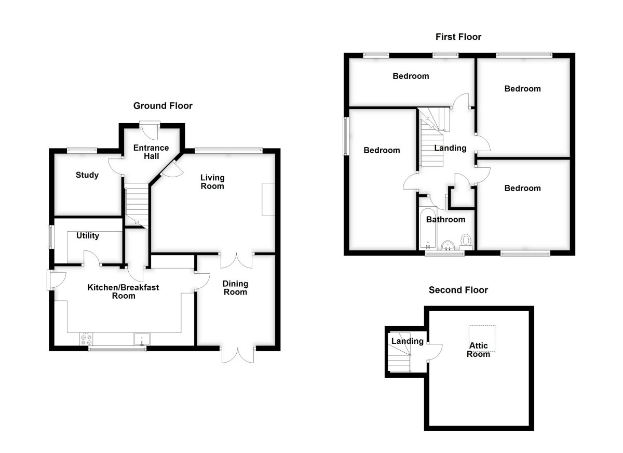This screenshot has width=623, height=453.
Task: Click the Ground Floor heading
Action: [x=162, y=106]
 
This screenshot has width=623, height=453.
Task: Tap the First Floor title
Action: [x=458, y=37]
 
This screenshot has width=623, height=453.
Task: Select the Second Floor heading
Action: [x=458, y=290]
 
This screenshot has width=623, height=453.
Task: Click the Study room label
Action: [x=87, y=175]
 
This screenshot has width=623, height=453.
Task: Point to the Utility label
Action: [x=88, y=236]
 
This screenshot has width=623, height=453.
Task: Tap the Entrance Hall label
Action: [x=151, y=152]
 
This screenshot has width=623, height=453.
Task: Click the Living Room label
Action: [x=212, y=182]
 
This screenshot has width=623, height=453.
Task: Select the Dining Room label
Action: [x=235, y=288]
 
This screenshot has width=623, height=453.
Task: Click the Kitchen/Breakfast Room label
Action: [x=123, y=291]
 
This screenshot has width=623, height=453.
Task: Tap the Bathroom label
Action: [x=445, y=220]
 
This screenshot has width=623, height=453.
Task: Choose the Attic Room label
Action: [x=478, y=350]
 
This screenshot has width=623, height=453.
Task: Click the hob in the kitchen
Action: [x=86, y=339]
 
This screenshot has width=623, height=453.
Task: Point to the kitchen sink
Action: [x=142, y=339]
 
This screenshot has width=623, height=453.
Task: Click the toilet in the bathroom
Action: [x=466, y=242]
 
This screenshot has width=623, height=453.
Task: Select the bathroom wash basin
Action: [x=448, y=245]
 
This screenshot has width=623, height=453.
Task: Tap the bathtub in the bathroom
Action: [x=428, y=228]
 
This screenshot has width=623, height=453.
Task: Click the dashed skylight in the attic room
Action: [x=482, y=338]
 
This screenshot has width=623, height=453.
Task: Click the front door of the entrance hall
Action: [x=150, y=130]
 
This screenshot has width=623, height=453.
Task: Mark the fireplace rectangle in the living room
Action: [x=268, y=199]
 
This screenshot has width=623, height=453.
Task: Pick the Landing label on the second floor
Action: [x=408, y=341]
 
